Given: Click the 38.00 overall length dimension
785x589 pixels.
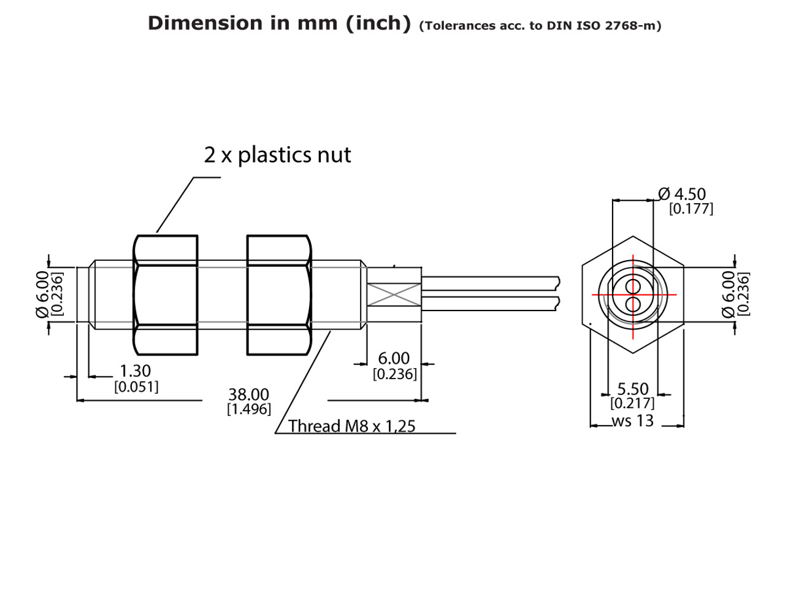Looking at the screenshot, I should point(248,395).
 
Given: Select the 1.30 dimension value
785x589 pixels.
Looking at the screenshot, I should point(135,371).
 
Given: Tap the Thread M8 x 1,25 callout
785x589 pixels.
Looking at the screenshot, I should point(351,426).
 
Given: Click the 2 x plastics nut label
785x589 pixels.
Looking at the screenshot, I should point(277,155).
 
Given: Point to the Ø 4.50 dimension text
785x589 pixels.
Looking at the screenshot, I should point(682,194).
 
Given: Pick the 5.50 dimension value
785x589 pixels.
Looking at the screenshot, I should point(632,390).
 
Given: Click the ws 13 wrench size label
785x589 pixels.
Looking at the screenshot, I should point(632,421).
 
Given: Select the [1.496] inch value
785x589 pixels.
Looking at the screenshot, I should point(248,409).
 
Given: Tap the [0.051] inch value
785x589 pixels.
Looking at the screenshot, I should point(136,387).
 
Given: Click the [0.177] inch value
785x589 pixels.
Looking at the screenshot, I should point(691,209).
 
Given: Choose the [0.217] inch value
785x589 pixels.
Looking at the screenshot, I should point(632,404).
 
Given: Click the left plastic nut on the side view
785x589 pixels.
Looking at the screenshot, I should point(166,295).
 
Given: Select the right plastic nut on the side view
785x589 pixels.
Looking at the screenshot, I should point(279,295).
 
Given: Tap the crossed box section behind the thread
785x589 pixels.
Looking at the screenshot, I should point(394,295).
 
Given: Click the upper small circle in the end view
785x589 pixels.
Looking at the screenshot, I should point(633,286).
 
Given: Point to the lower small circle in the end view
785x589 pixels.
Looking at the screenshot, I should point(633,304).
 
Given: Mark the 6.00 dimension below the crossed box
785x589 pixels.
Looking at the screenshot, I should point(393,358).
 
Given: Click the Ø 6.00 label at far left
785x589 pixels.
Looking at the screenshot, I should point(42,294).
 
